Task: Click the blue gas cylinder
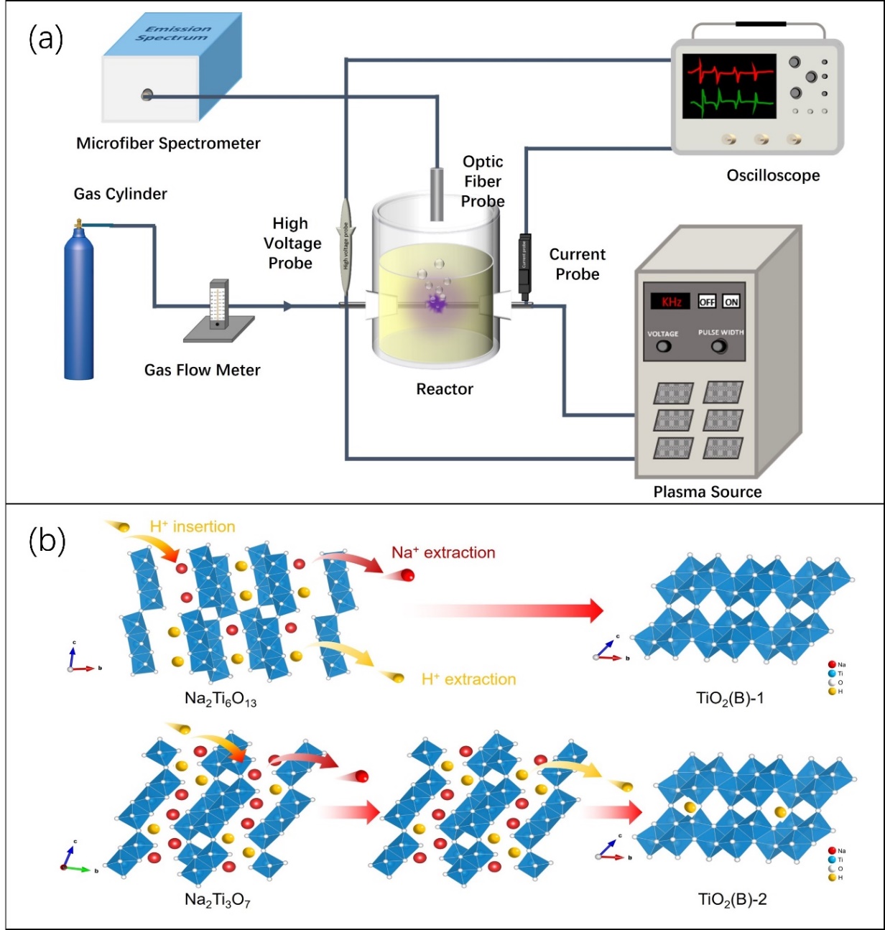click(78, 302)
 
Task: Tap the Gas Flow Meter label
click(202, 370)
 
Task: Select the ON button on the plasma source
click(731, 302)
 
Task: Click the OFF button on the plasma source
click(707, 302)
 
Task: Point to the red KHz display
click(671, 302)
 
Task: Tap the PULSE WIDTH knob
click(718, 347)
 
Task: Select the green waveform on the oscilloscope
click(729, 104)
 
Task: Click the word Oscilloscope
click(773, 175)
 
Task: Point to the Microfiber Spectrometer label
click(168, 143)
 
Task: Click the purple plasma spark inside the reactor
click(435, 304)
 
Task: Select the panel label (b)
click(47, 541)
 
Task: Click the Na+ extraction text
click(443, 552)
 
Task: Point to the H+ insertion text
click(193, 526)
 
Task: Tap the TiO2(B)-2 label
click(732, 899)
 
